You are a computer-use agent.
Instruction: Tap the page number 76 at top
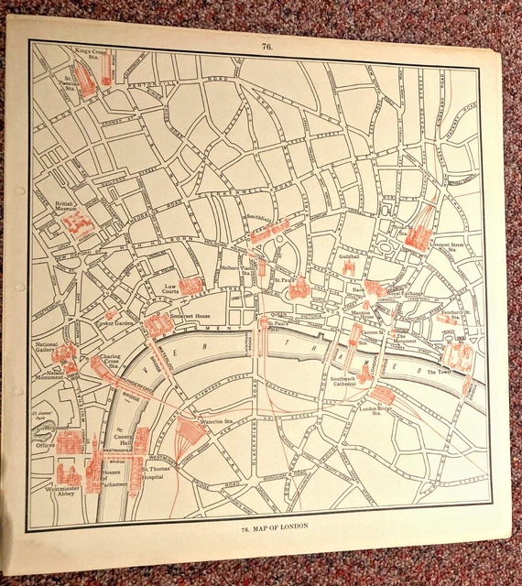pyautogui.click(x=266, y=45)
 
